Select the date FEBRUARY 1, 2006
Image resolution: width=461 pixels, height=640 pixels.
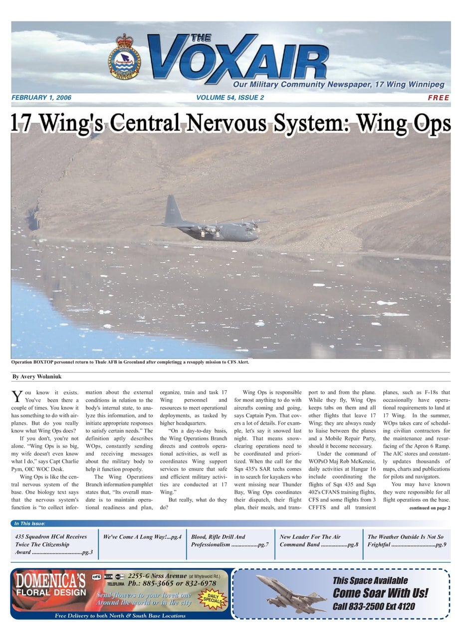[41, 98]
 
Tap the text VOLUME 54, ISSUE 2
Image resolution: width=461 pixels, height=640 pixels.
[230, 98]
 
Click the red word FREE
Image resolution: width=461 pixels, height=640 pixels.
[439, 98]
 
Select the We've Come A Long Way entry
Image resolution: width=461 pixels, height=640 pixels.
[142, 537]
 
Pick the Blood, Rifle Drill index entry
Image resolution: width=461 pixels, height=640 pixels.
[230, 541]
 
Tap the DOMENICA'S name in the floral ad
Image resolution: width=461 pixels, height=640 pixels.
[50, 581]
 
